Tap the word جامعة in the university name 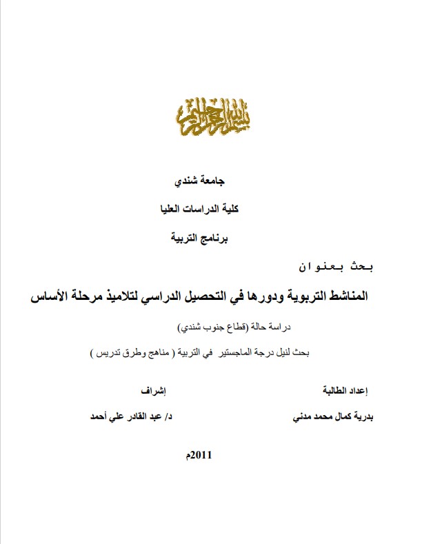click(220, 183)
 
